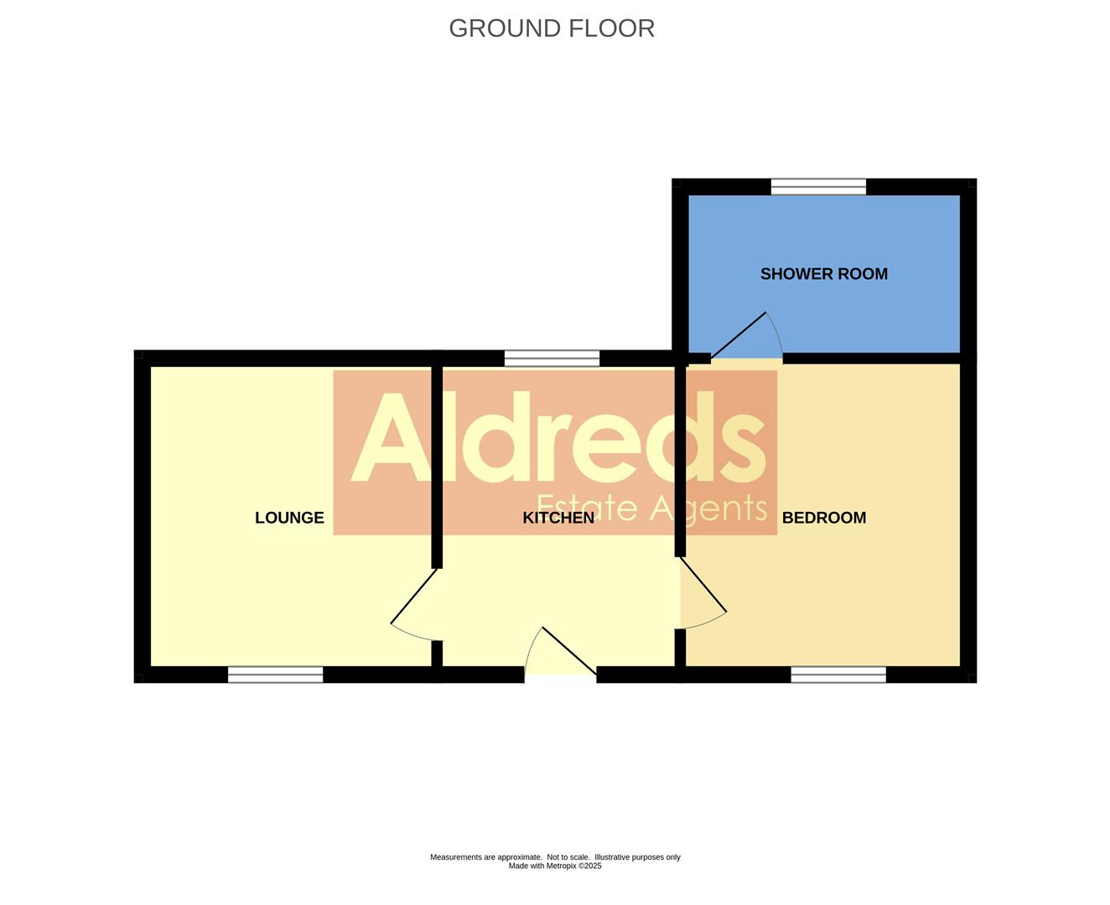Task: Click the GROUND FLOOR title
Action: point(552,28)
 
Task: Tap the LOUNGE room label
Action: point(289,518)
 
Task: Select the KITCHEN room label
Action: point(558,518)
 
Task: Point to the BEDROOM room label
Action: point(823,518)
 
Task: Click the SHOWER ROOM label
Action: point(823,274)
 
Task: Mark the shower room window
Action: point(818,187)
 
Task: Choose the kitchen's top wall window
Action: point(552,359)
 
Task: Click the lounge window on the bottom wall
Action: point(275,675)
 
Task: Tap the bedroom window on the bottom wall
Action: point(838,675)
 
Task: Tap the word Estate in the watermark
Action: point(587,508)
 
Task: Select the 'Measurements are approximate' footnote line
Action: point(555,857)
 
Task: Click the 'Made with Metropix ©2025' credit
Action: point(555,866)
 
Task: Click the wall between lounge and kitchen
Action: point(437,461)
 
